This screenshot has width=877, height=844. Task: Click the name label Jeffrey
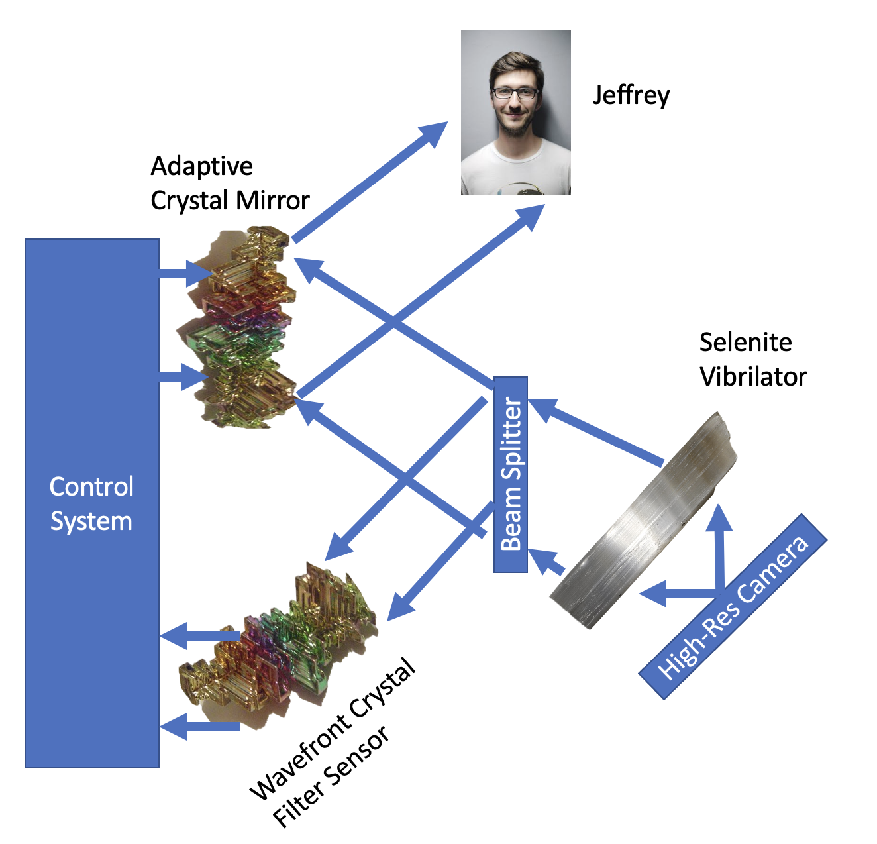(631, 95)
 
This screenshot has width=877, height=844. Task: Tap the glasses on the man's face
(514, 93)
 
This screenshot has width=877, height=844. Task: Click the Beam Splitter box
(511, 474)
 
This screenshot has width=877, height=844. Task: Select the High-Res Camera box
(733, 606)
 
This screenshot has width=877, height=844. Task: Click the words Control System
(91, 503)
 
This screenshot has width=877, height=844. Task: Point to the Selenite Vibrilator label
(752, 359)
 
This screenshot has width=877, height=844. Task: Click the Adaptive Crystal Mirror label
(229, 183)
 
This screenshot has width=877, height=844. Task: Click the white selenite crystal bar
(643, 523)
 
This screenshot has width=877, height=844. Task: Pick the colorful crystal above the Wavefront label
(278, 643)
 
